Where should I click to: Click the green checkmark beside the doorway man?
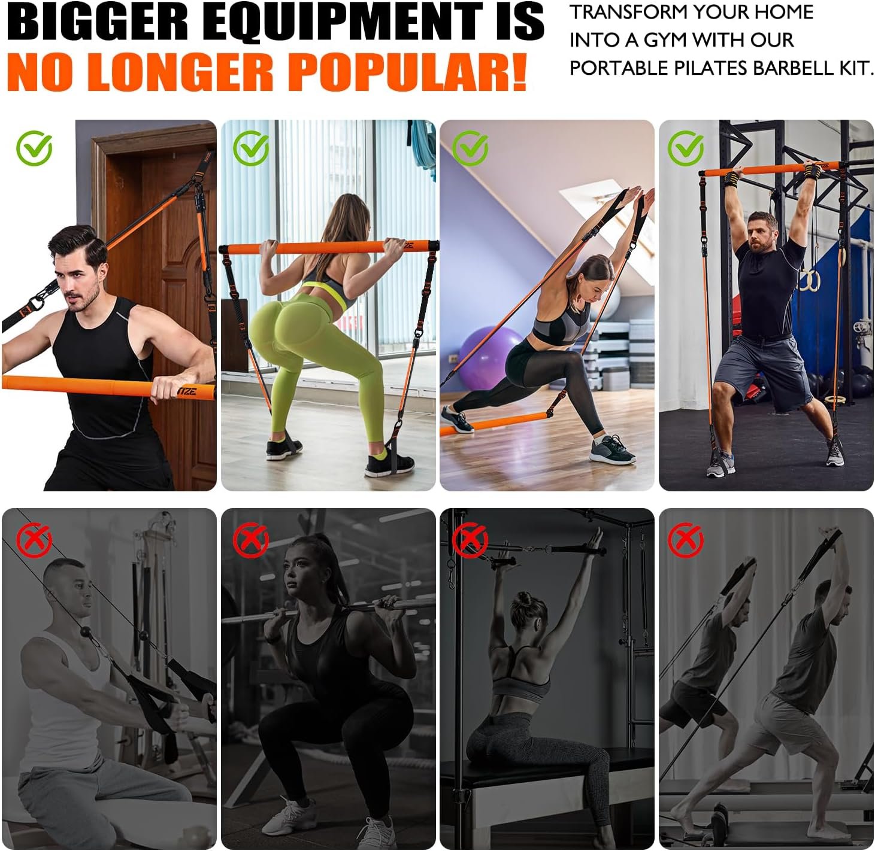(34, 148)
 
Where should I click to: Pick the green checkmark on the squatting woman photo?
(251, 148)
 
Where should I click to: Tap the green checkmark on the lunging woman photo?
(470, 148)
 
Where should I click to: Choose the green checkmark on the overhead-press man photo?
(686, 148)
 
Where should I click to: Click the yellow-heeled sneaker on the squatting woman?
(282, 449)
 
